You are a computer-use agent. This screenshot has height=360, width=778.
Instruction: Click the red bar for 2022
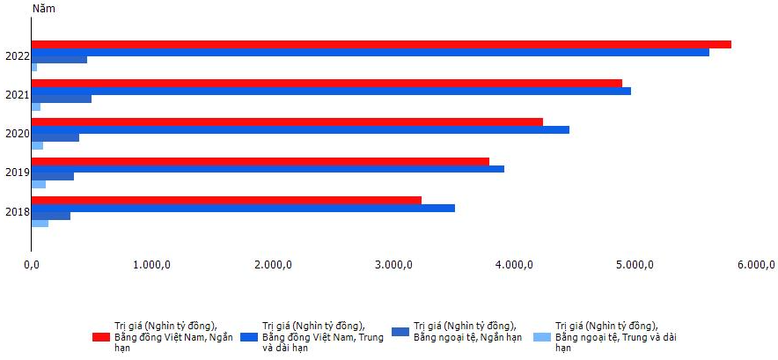pos(381,44)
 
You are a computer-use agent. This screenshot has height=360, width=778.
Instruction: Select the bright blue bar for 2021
pos(331,91)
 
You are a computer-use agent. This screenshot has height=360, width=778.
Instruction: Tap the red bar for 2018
pos(226,200)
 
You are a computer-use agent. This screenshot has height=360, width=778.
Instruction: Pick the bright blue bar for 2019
pos(268,169)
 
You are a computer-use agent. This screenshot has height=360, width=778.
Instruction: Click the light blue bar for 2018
pos(40,224)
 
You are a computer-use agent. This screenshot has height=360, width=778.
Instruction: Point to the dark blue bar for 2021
pos(62,99)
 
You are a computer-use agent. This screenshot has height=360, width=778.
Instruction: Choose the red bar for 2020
pos(287,122)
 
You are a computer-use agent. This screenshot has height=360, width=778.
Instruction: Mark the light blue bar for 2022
pos(34,68)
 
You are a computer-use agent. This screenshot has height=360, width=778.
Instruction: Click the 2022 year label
pos(18,56)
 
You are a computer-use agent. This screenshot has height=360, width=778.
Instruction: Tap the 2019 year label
pos(18,173)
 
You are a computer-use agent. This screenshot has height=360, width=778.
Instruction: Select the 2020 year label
pos(18,134)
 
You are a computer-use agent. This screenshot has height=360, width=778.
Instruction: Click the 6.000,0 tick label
pos(756,266)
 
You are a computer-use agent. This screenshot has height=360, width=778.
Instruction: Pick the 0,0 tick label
pos(32,266)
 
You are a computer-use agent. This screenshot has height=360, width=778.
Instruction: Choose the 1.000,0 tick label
pos(152,266)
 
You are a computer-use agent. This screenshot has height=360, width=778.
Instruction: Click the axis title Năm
pos(44,9)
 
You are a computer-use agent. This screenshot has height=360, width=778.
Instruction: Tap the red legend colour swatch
pos(100,337)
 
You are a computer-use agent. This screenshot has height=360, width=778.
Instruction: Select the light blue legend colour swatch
pos(542,337)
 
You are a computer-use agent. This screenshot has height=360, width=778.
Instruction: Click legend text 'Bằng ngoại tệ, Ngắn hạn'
pos(468,337)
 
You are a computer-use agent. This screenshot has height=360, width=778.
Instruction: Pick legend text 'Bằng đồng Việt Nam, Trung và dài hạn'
pos(323,343)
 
